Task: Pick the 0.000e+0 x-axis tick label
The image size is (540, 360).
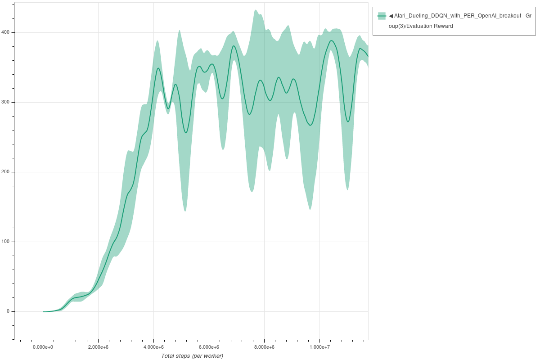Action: (x=43, y=347)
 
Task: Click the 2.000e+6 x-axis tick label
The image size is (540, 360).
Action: (x=98, y=347)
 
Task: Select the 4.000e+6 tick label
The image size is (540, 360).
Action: (x=153, y=347)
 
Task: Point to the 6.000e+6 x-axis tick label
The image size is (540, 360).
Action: (x=209, y=347)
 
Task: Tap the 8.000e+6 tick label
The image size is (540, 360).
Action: (x=264, y=347)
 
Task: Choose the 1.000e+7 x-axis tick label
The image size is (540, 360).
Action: (x=319, y=347)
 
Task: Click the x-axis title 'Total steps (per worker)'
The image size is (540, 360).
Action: (x=192, y=356)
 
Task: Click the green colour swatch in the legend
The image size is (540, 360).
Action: (x=382, y=16)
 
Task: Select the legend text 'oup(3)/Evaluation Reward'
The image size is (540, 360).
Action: (x=421, y=26)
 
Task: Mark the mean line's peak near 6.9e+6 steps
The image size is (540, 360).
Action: (x=234, y=46)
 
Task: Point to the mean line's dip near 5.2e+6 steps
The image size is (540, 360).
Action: (x=186, y=133)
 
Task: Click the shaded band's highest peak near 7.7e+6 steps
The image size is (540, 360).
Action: (x=256, y=10)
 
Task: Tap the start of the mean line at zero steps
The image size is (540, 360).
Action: (x=43, y=311)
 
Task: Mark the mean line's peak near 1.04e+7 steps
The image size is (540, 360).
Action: (x=331, y=40)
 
